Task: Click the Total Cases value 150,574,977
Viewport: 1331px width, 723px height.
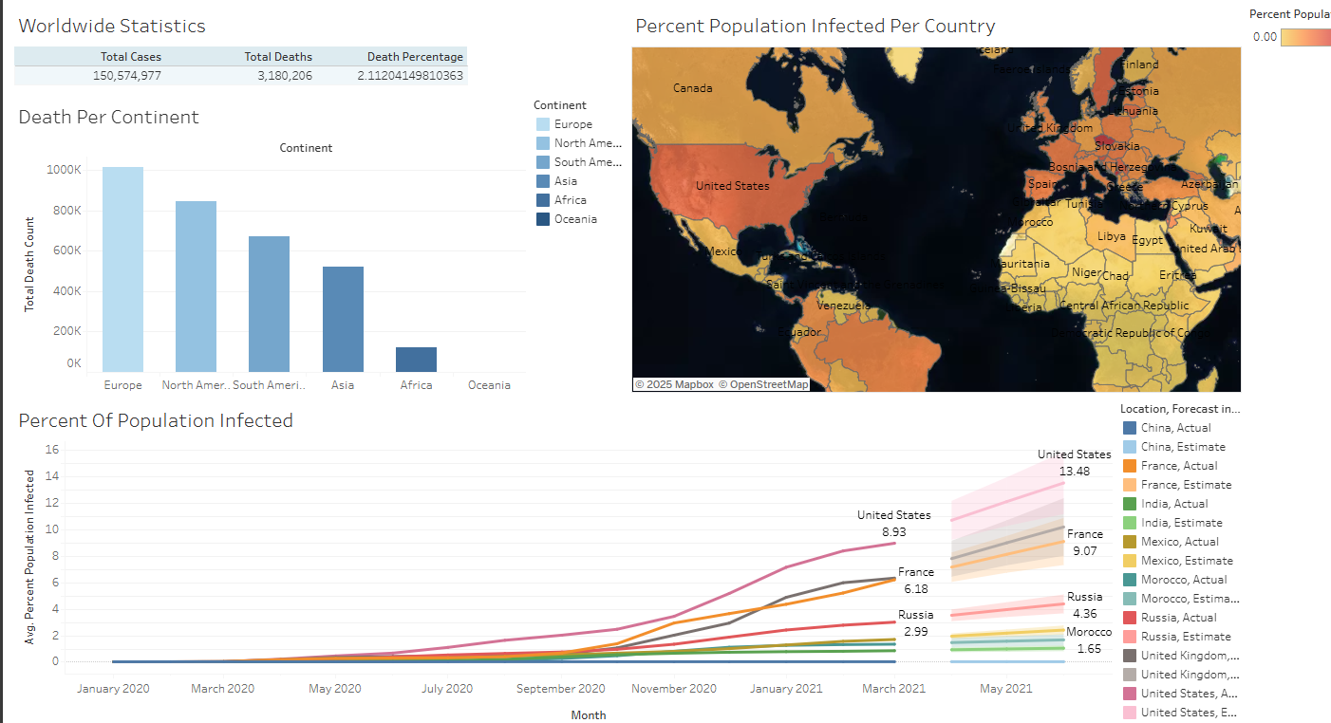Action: [127, 76]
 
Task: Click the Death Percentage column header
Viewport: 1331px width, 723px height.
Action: [415, 57]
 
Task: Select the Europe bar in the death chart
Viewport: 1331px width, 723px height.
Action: [122, 269]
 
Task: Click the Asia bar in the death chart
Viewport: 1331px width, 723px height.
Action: [343, 319]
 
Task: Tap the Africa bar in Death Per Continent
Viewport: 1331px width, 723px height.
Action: [416, 360]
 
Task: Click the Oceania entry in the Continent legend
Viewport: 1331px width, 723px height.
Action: [575, 219]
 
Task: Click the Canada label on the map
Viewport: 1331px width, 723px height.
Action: [692, 88]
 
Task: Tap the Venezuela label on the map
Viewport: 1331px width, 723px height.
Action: [842, 306]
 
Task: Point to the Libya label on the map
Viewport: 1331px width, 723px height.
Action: [1111, 236]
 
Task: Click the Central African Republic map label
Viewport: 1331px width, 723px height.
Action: [1123, 306]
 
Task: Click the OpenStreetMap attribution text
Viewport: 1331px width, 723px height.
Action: [762, 384]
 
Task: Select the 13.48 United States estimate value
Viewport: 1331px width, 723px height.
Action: [1075, 472]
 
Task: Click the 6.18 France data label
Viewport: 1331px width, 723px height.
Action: [916, 589]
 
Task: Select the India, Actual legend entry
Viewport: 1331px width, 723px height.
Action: [1174, 504]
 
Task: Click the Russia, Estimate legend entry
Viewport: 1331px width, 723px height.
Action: [1185, 637]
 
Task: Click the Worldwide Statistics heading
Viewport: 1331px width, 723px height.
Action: [112, 27]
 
